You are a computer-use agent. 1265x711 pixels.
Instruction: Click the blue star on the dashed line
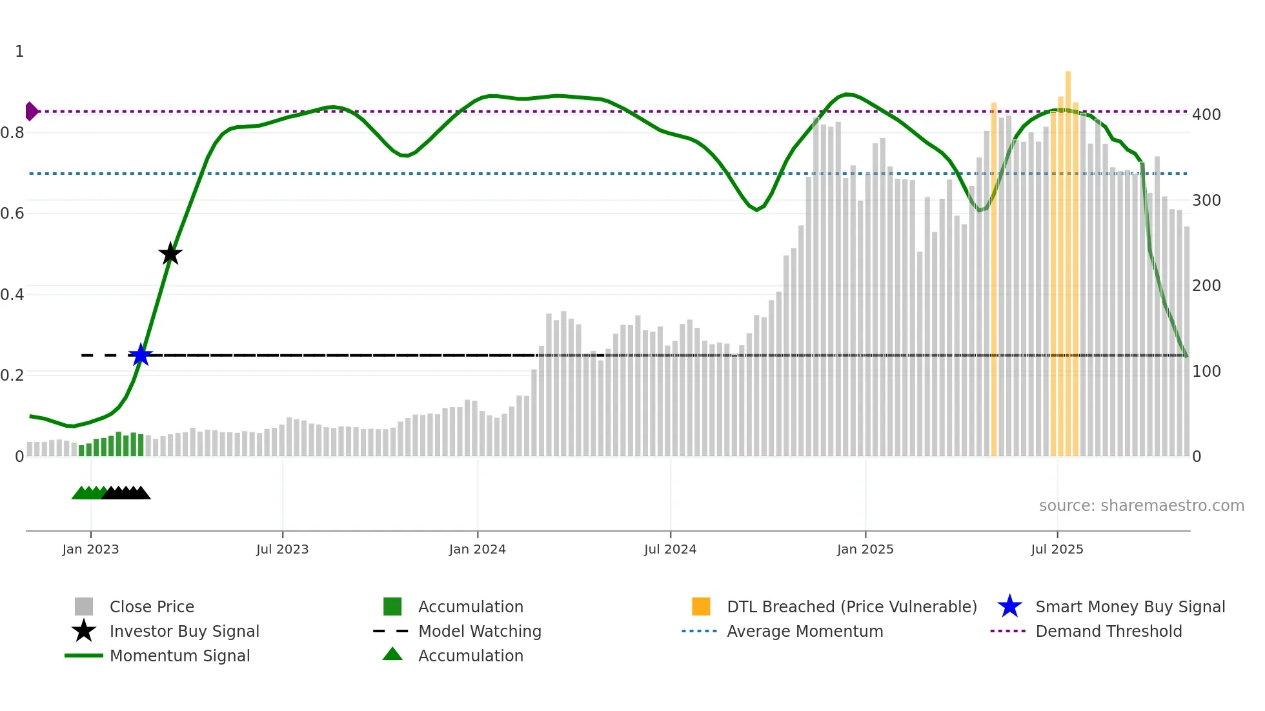pos(140,355)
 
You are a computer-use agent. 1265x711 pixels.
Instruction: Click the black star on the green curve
pos(170,254)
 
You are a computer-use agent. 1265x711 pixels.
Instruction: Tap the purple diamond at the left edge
pos(31,111)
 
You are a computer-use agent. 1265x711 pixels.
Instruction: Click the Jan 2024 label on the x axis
pos(477,549)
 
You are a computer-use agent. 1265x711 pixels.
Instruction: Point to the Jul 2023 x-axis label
pos(282,549)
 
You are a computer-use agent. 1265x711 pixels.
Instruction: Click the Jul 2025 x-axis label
pos(1057,549)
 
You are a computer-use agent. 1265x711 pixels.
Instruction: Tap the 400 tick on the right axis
pos(1206,115)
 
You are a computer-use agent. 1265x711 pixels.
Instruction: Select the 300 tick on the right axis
pos(1206,201)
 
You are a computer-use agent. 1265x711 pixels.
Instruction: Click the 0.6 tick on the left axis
pos(13,214)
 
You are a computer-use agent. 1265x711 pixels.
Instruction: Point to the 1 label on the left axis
pos(19,52)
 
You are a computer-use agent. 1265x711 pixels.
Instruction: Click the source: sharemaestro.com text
pos(1141,506)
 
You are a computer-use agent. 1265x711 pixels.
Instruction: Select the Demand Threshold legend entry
pos(1108,632)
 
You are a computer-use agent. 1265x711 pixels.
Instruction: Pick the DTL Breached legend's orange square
pos(700,606)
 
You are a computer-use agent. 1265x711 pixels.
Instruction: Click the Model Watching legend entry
pos(479,632)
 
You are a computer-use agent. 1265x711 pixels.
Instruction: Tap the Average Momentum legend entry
pos(804,632)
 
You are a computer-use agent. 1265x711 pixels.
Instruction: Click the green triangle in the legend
pos(392,655)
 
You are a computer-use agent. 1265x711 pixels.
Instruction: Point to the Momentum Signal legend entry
pos(179,656)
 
